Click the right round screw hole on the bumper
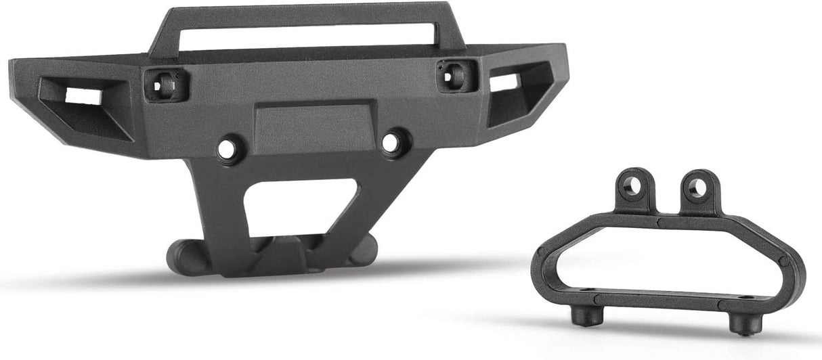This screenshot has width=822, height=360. click(391, 142)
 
